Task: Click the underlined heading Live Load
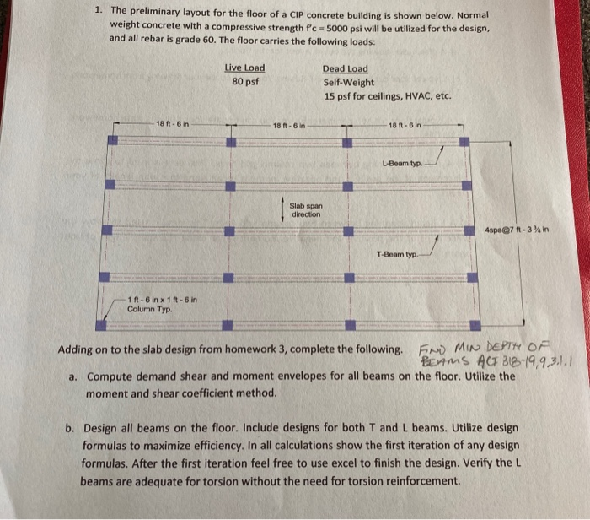coord(244,68)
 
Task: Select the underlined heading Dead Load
coord(345,68)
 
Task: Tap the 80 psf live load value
coord(244,83)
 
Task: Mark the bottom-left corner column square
coord(101,323)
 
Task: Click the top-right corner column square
coord(463,128)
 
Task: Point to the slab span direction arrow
coord(282,208)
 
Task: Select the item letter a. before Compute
coord(72,376)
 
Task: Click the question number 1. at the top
coord(99,12)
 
